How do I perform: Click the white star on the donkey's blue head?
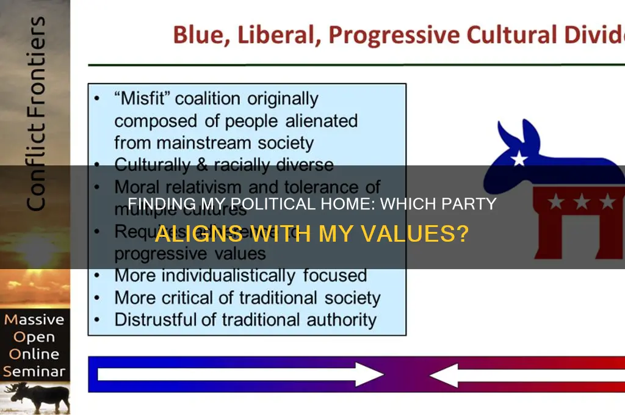pyautogui.click(x=519, y=159)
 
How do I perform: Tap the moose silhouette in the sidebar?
pyautogui.click(x=35, y=396)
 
